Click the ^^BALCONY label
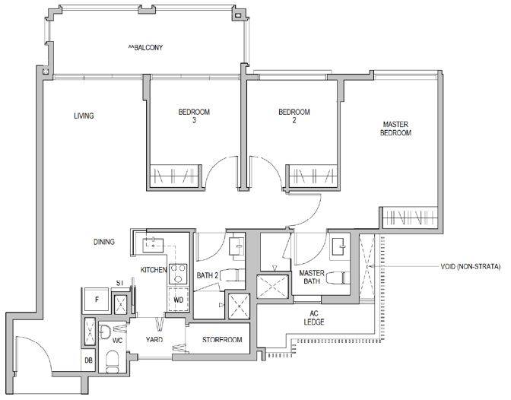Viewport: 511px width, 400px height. click(x=145, y=48)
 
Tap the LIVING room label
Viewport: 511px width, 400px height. click(x=84, y=116)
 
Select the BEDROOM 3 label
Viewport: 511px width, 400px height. click(x=194, y=116)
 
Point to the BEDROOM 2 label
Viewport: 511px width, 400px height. click(x=294, y=116)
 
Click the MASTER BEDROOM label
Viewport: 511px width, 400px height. click(x=395, y=129)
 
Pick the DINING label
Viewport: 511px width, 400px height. click(x=104, y=242)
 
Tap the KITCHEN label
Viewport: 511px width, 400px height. click(x=154, y=270)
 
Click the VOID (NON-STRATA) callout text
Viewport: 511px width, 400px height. click(x=470, y=267)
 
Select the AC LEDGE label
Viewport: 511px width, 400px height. click(x=314, y=318)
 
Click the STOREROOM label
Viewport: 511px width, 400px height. click(x=222, y=340)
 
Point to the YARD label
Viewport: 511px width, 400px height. click(x=154, y=340)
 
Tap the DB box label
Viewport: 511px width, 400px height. click(x=88, y=360)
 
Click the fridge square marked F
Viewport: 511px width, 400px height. click(x=97, y=300)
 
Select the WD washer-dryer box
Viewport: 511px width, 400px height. click(x=178, y=300)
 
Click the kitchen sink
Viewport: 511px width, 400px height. click(x=153, y=245)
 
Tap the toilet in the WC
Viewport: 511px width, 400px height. click(x=113, y=361)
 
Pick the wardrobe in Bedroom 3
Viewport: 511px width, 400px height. click(x=174, y=176)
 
